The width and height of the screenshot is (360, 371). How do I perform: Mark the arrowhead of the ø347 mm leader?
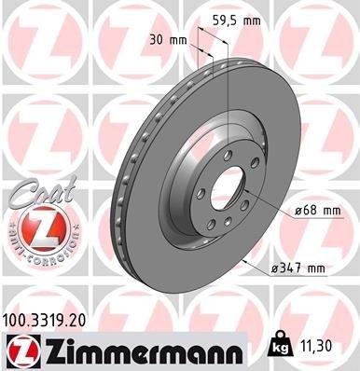[243, 265]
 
